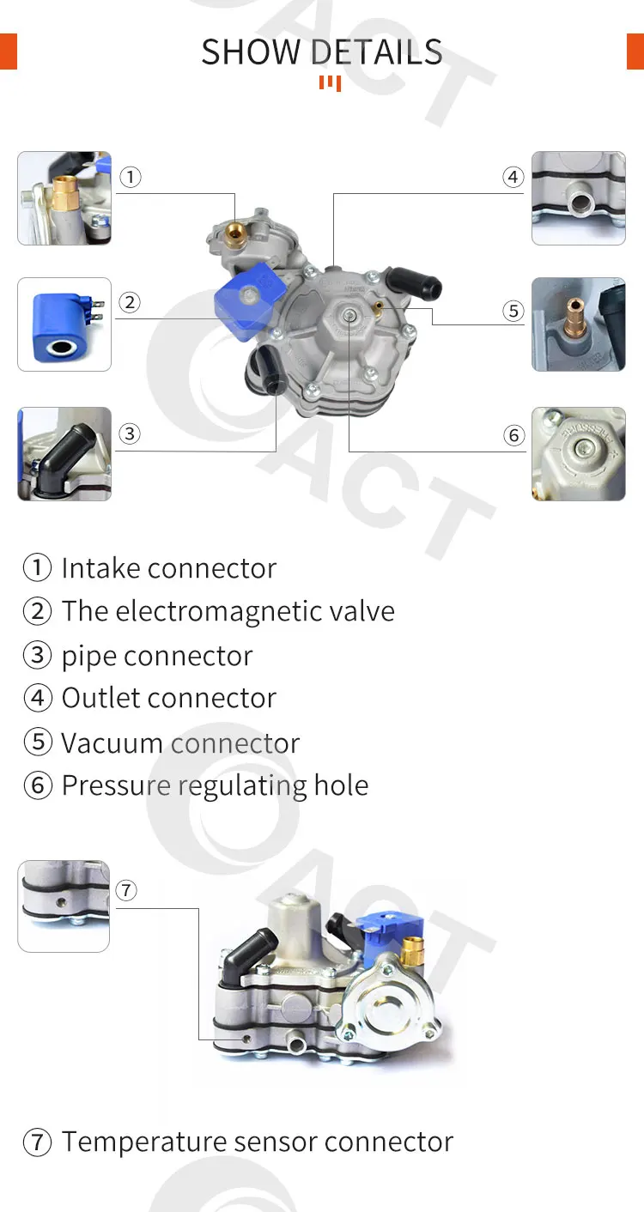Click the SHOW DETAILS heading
pyautogui.click(x=322, y=52)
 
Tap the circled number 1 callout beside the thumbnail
pyautogui.click(x=130, y=178)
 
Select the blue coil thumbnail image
pyautogui.click(x=64, y=324)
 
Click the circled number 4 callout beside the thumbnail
pyautogui.click(x=513, y=178)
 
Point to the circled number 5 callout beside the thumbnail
pyautogui.click(x=513, y=311)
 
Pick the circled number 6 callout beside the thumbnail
pyautogui.click(x=513, y=435)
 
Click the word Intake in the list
pyautogui.click(x=100, y=568)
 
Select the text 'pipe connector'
pyautogui.click(x=157, y=656)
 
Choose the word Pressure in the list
pyautogui.click(x=117, y=785)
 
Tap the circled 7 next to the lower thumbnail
pyautogui.click(x=126, y=890)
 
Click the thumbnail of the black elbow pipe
pyautogui.click(x=64, y=453)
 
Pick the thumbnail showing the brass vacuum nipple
pyautogui.click(x=578, y=324)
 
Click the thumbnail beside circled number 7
pyautogui.click(x=64, y=906)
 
